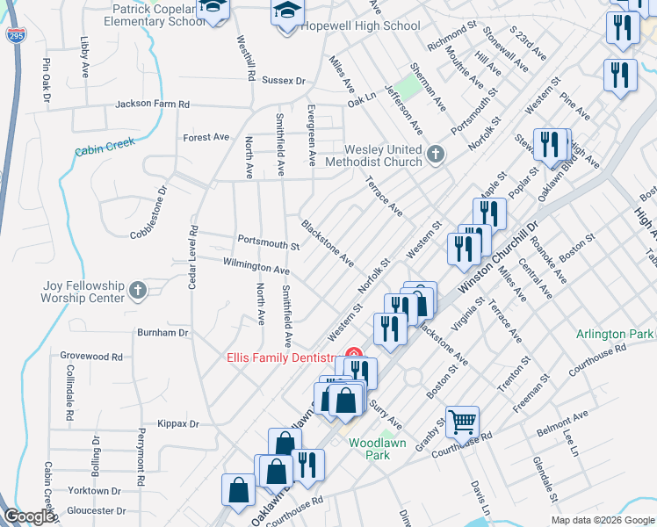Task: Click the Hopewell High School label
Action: point(360,26)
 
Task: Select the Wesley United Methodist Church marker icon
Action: point(435,155)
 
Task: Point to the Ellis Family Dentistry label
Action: point(283,357)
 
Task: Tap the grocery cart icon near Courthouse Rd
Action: point(462,422)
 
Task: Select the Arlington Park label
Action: point(615,335)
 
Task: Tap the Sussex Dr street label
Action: point(284,80)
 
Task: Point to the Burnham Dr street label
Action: point(163,333)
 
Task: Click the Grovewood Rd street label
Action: point(91,357)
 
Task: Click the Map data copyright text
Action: point(603,520)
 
